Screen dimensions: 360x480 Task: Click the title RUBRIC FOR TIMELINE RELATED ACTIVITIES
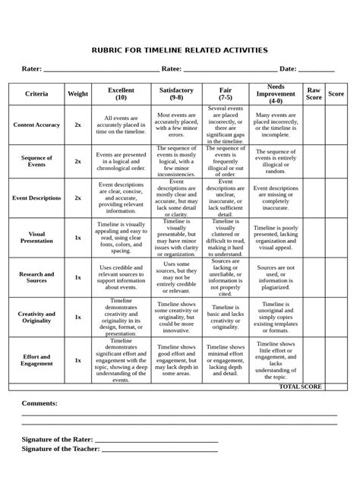tap(180, 50)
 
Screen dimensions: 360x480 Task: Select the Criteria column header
tap(36, 93)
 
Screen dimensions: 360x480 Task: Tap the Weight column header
tap(77, 93)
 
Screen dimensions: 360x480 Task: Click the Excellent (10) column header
tap(121, 93)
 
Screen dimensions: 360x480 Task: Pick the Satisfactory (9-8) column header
tap(176, 93)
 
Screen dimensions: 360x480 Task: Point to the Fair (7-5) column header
tap(226, 93)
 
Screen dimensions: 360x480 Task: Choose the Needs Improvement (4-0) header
tap(276, 94)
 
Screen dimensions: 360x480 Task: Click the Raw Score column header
tap(314, 93)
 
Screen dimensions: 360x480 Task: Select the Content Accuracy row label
tap(36, 124)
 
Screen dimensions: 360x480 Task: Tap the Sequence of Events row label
tap(36, 161)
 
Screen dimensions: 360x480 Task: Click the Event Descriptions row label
tap(36, 197)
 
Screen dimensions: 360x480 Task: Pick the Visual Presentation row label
tap(36, 237)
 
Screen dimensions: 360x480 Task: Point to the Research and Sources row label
tap(36, 277)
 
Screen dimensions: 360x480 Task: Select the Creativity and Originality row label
tap(36, 317)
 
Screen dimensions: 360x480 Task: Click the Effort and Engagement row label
tap(36, 360)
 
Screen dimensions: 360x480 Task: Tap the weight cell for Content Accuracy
tap(77, 124)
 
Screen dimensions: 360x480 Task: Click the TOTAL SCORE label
tap(300, 387)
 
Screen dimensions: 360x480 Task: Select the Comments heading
tap(39, 403)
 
